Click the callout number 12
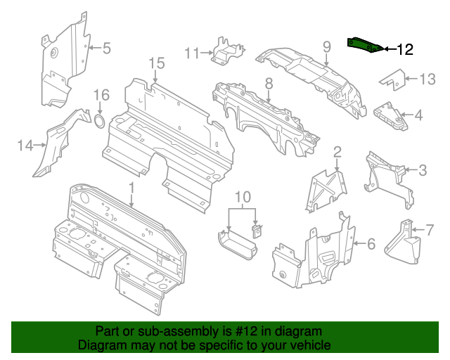click(405, 49)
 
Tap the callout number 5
click(107, 49)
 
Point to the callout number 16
click(102, 95)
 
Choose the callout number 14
click(25, 146)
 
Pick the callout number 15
click(156, 64)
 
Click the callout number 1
click(131, 186)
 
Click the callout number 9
click(326, 46)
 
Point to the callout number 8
click(268, 84)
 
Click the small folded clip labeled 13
click(393, 81)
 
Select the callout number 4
click(419, 115)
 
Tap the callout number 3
click(422, 169)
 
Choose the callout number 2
click(337, 151)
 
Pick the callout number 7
click(430, 229)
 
